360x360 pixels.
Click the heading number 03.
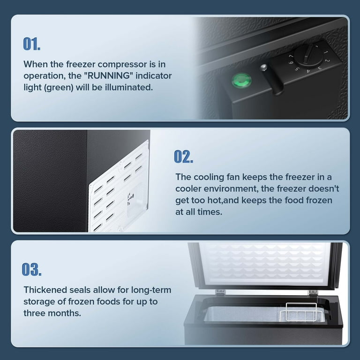(32, 269)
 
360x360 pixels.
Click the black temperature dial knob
(309, 55)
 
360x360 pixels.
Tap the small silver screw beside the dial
(264, 68)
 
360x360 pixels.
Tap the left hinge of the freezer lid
(218, 292)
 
